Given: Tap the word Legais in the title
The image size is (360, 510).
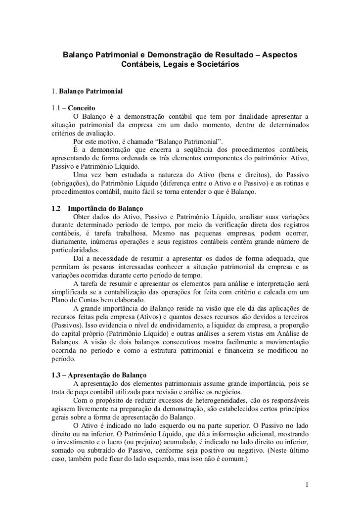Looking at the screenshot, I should (171, 65).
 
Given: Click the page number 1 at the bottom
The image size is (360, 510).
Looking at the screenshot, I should (307, 483).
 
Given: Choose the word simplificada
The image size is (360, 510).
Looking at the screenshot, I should (72, 292).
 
